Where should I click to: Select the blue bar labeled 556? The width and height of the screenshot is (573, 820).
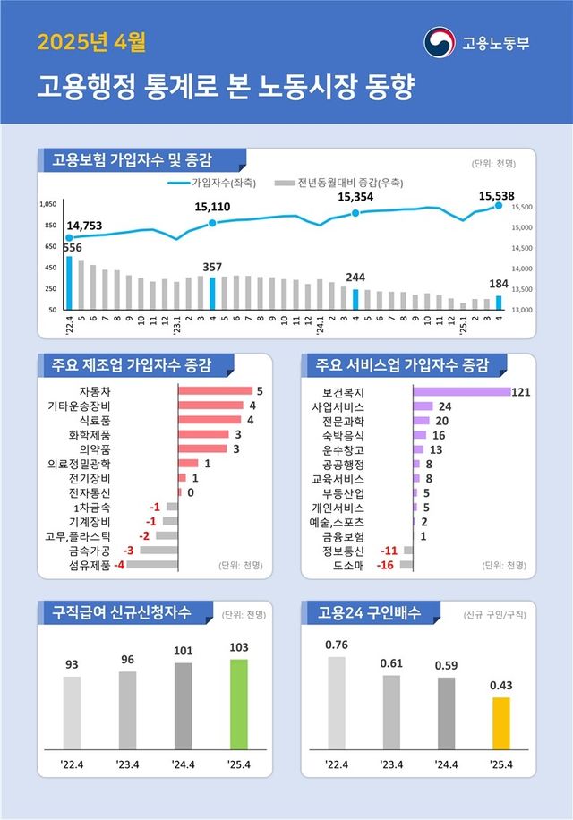[69, 282]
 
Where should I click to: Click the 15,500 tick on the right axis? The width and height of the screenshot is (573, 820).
[521, 207]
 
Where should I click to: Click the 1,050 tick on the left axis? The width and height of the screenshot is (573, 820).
[47, 205]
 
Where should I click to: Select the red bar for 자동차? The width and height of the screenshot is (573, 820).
[215, 391]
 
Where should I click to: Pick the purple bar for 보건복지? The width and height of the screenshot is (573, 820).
[461, 391]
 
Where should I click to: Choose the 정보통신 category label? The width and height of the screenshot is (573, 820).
[343, 551]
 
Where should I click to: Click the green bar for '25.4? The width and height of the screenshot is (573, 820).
[238, 703]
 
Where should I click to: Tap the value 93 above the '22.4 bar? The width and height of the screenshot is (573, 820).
[72, 665]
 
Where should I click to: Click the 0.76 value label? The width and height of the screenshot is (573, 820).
[337, 645]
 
